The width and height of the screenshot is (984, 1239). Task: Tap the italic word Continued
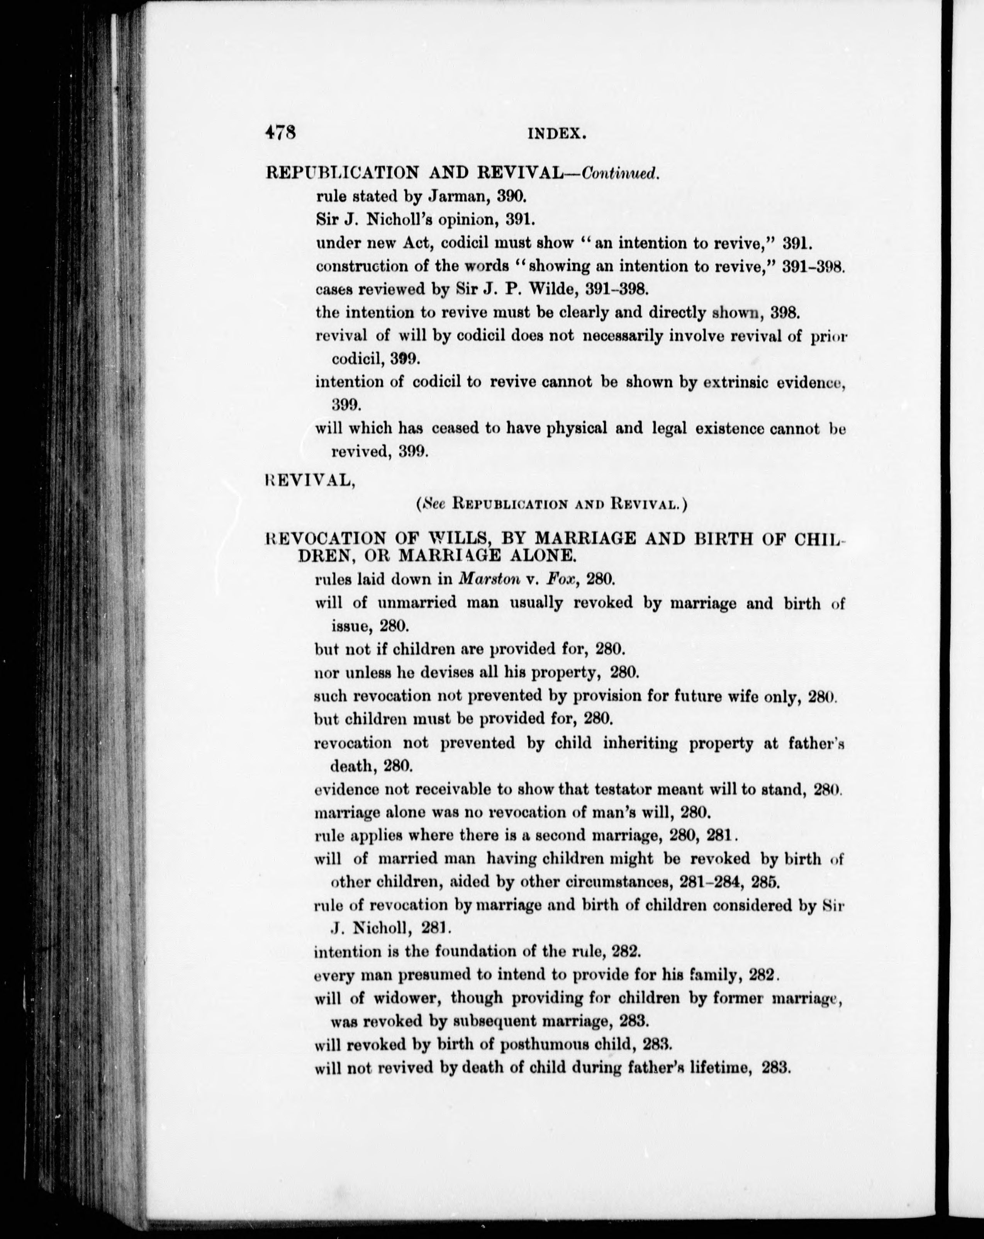click(619, 173)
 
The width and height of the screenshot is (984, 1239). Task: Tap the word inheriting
click(640, 743)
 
